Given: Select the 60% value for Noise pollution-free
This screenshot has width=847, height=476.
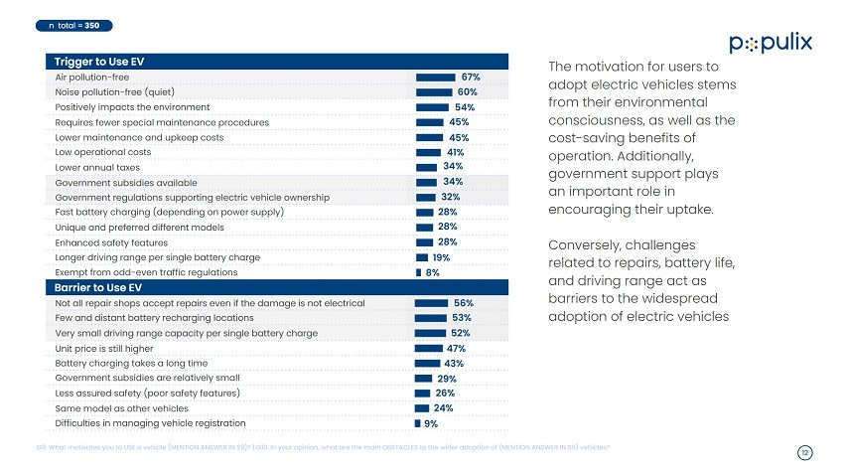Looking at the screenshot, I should click(468, 91).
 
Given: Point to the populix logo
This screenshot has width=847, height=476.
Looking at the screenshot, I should click(771, 43).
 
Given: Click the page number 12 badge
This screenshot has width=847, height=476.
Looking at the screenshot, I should click(805, 453).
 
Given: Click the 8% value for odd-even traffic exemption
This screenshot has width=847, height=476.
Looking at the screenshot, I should click(432, 271).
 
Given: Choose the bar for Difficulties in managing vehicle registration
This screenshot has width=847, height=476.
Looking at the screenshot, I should click(417, 423).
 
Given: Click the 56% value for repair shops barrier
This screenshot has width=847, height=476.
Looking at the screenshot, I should click(463, 302).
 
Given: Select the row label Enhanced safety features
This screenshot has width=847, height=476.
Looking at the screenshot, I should click(110, 241).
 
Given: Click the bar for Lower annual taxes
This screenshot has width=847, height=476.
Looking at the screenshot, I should click(427, 167).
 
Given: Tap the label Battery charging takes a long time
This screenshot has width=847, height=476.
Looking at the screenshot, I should click(132, 364).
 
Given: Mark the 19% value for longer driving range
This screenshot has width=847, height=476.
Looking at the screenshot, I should click(442, 256).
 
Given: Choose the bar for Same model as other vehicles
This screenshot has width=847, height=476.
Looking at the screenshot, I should click(422, 408).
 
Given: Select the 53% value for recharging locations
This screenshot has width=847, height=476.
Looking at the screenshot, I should click(461, 318).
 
